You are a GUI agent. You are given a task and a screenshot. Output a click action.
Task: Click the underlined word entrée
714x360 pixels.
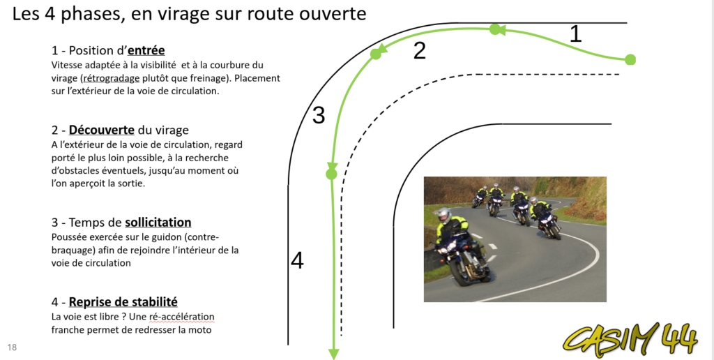pyautogui.click(x=146, y=50)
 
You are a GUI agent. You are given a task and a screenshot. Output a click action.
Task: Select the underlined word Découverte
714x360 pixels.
pyautogui.click(x=102, y=130)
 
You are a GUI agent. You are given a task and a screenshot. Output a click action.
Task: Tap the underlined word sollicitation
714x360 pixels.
pyautogui.click(x=158, y=223)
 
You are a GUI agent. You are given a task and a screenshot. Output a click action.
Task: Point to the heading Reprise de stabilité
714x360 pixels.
pyautogui.click(x=123, y=301)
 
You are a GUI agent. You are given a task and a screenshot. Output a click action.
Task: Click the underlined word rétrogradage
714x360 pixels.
pyautogui.click(x=112, y=78)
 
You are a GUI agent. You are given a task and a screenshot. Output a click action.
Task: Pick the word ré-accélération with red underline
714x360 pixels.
pyautogui.click(x=182, y=317)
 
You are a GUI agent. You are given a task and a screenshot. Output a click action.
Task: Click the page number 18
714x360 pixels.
pyautogui.click(x=12, y=347)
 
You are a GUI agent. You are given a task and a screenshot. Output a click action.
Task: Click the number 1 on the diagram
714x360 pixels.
pyautogui.click(x=575, y=33)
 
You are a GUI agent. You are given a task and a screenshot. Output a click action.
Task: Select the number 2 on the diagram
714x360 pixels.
pyautogui.click(x=419, y=50)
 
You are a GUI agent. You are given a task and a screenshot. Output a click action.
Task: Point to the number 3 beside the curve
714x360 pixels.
pyautogui.click(x=319, y=115)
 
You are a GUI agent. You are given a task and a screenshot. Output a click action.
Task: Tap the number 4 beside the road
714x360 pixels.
pyautogui.click(x=297, y=260)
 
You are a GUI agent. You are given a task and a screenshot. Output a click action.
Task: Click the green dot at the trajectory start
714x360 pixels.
pyautogui.click(x=630, y=60)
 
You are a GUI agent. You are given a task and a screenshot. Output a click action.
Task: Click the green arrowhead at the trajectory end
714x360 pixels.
pyautogui.click(x=334, y=354)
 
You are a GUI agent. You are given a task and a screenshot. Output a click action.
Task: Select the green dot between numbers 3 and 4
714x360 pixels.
pyautogui.click(x=331, y=174)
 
